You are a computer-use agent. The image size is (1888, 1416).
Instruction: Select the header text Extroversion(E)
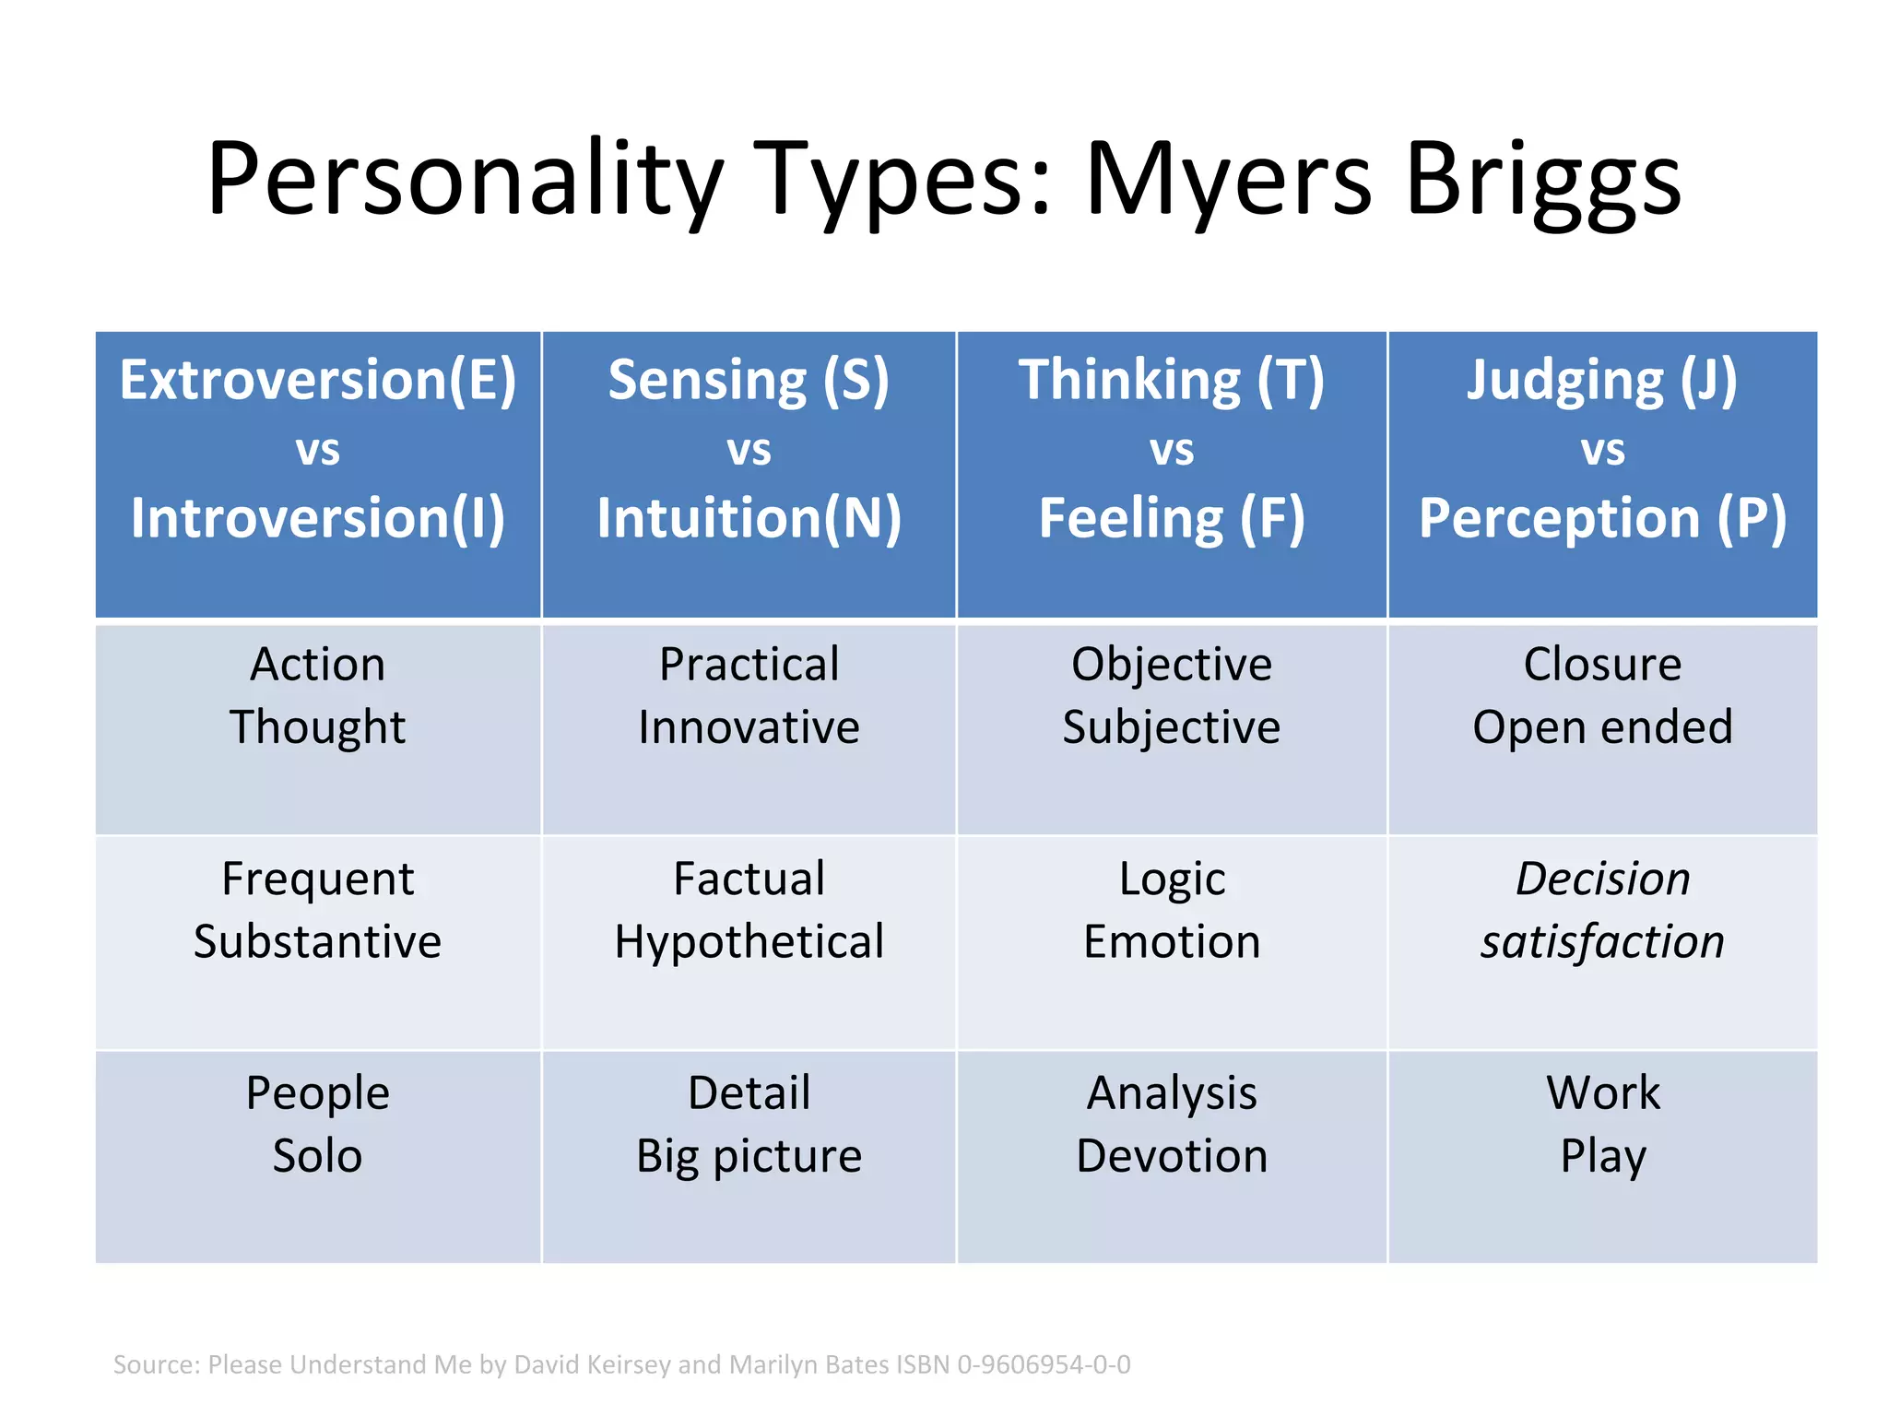click(317, 380)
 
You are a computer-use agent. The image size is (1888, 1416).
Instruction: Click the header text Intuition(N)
click(749, 518)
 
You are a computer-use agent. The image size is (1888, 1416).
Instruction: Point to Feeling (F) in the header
click(1172, 518)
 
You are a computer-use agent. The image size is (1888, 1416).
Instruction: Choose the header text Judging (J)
click(1602, 380)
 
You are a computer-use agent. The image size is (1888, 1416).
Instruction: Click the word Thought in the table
click(317, 727)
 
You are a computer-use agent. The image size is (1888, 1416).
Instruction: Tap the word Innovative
click(749, 727)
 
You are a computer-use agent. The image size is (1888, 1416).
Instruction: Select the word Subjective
click(1172, 727)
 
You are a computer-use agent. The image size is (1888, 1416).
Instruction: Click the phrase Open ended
click(1602, 727)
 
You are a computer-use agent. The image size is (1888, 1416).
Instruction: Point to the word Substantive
click(317, 942)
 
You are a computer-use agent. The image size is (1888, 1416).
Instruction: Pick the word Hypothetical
click(749, 942)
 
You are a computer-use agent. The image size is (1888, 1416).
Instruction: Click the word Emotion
click(1172, 942)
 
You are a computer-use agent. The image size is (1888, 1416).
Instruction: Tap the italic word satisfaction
click(1602, 942)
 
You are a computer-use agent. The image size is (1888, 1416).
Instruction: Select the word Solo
click(317, 1156)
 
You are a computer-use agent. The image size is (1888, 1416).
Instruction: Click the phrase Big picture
click(749, 1156)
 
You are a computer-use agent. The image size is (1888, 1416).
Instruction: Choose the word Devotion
click(1172, 1156)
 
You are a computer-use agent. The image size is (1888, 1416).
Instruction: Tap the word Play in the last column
click(1602, 1156)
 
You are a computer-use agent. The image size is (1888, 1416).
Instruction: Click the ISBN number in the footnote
click(1044, 1364)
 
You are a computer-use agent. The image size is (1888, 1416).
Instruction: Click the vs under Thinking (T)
click(1172, 451)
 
